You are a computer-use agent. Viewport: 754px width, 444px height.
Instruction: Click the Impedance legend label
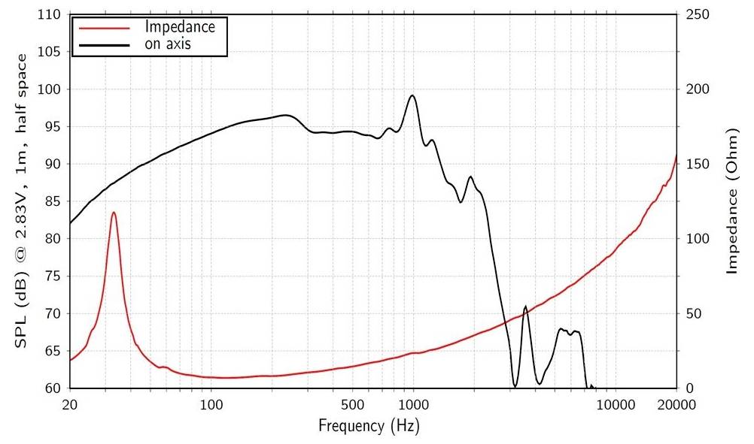pos(180,27)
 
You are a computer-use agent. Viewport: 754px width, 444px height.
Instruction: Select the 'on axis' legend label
pos(168,44)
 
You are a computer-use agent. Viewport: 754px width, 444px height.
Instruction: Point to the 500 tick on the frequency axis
pos(351,406)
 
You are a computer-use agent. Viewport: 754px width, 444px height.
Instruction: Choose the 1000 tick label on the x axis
pos(412,406)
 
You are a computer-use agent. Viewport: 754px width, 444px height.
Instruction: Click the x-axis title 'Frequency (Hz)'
pos(369,426)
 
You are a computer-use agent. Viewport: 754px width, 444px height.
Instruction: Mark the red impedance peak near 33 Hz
pos(114,213)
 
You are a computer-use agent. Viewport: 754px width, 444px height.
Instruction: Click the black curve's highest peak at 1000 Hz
pos(412,95)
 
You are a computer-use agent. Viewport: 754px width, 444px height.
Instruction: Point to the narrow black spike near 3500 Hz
pos(524,307)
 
